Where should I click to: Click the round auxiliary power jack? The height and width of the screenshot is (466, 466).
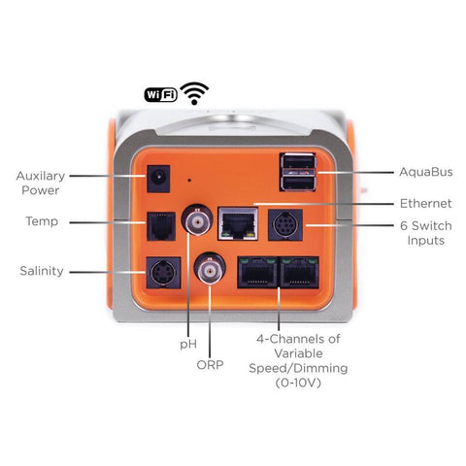click(158, 179)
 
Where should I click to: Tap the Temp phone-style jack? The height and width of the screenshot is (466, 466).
click(161, 226)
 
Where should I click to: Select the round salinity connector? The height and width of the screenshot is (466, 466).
click(163, 273)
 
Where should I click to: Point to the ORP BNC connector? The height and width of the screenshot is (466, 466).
click(210, 268)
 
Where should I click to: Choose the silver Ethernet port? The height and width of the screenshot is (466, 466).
click(238, 223)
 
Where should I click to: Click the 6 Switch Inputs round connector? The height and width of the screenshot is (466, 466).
click(285, 224)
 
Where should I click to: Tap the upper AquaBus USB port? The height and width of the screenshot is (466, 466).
click(298, 162)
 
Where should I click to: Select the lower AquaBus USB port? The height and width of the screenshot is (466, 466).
click(298, 183)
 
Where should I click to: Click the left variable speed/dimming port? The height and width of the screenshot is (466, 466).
click(258, 273)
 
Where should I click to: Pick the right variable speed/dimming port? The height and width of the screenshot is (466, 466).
click(299, 273)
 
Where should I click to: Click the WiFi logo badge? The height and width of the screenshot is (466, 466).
click(161, 95)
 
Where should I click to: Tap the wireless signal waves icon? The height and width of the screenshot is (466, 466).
click(194, 93)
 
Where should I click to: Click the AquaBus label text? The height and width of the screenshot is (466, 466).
click(426, 172)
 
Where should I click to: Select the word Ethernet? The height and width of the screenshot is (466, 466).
click(426, 204)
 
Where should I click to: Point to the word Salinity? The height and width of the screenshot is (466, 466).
click(42, 271)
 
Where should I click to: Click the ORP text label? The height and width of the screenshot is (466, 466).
click(210, 365)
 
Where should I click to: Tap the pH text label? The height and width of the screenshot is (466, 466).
click(188, 345)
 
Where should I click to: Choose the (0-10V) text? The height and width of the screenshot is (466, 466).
click(298, 383)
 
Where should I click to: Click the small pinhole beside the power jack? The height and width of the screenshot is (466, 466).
click(189, 180)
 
